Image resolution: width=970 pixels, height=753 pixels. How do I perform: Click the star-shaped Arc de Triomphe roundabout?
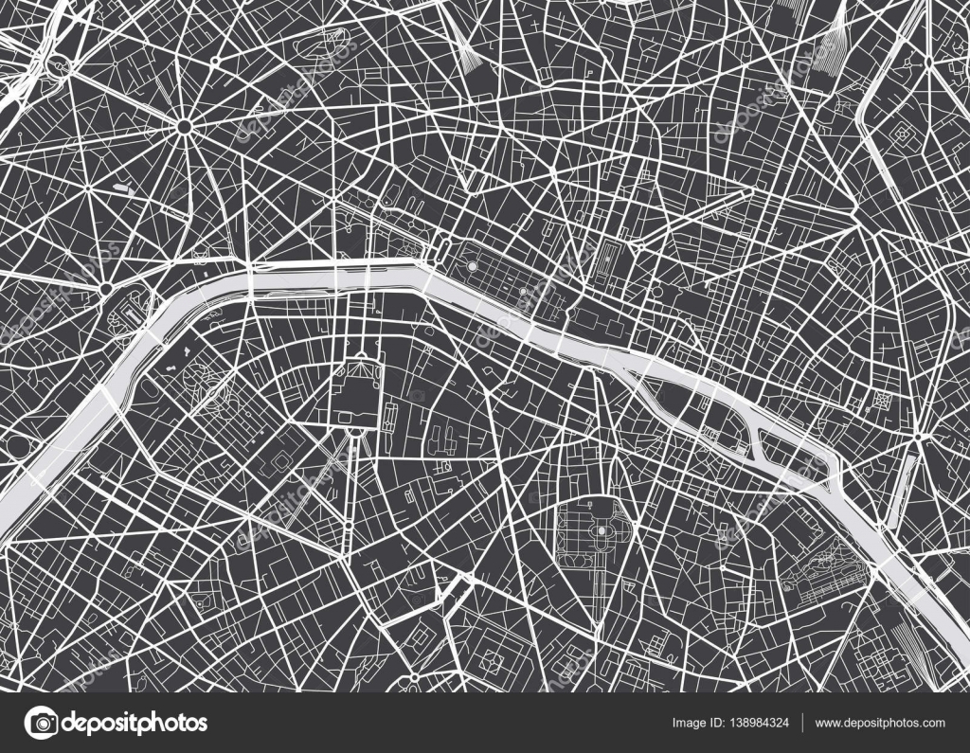(184, 125)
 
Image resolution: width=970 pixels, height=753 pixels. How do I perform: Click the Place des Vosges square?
(886, 401)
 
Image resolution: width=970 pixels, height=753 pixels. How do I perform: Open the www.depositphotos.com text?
(880, 724)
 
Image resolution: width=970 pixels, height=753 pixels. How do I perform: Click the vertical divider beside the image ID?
(802, 724)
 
